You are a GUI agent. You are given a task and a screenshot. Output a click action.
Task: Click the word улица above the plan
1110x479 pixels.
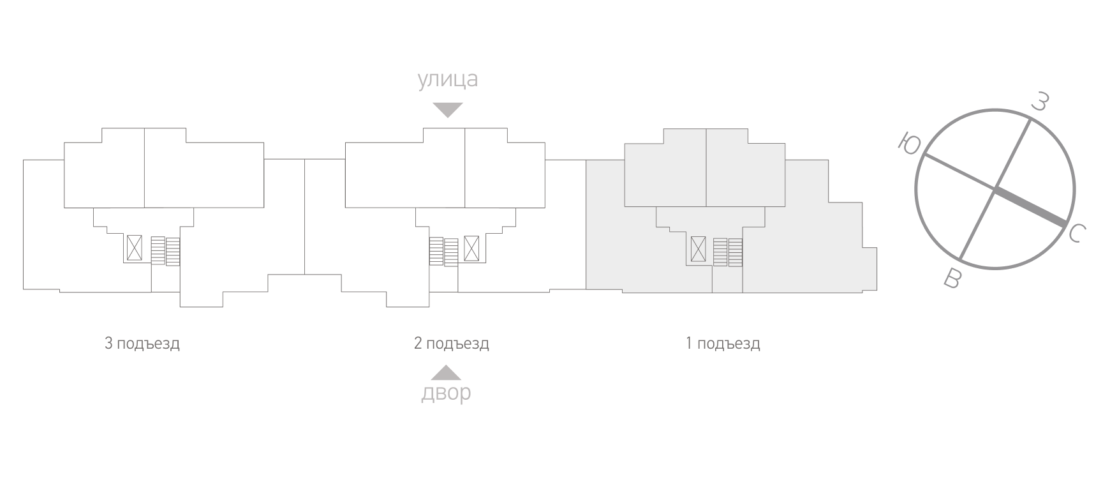447,79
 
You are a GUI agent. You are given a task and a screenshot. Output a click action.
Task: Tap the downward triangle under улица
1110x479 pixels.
447,110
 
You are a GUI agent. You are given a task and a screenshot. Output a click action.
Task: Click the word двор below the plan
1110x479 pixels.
446,392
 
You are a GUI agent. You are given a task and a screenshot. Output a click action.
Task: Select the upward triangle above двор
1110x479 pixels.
446,372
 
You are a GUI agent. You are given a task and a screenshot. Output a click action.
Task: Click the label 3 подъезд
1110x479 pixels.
142,344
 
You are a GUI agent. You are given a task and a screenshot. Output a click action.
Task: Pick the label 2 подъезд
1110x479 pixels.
452,344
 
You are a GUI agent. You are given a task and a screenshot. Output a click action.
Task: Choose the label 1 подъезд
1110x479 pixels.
723,344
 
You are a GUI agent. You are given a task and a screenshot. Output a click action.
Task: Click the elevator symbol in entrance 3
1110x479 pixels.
134,248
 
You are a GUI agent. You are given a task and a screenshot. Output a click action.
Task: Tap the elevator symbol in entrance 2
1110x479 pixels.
471,248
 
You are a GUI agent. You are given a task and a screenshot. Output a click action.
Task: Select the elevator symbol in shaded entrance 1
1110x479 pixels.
699,248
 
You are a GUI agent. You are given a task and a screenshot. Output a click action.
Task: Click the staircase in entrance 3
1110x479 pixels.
165,251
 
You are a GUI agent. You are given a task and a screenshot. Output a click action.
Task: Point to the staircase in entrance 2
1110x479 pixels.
444,252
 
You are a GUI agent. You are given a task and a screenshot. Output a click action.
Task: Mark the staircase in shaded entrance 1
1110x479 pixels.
728,252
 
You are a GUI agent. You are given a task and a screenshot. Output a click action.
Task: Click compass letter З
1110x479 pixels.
1040,102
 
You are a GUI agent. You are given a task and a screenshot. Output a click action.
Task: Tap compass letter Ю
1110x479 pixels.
908,144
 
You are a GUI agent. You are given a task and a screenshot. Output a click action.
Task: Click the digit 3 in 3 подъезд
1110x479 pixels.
108,344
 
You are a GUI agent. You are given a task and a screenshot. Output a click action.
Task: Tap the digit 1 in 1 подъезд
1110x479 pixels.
689,344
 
